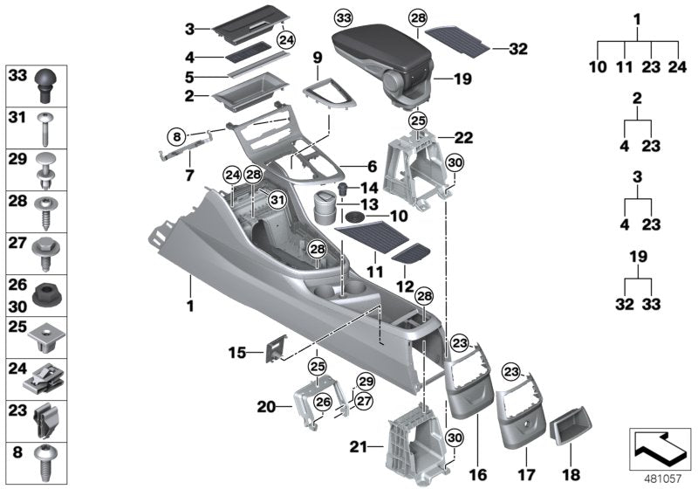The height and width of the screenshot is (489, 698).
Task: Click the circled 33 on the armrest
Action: [344, 17]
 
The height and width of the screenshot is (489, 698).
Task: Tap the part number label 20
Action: [266, 405]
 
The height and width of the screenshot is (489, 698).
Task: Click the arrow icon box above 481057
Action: [660, 447]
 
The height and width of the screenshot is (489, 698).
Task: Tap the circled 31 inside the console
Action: [276, 201]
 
